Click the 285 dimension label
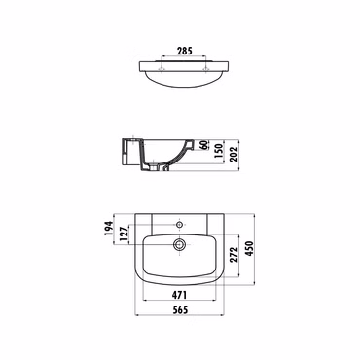tap(185, 51)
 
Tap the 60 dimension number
tap(203, 145)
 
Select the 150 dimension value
tap(219, 150)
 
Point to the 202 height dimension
tap(234, 154)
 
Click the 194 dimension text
tap(108, 229)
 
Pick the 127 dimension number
tap(124, 234)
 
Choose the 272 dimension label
tap(234, 254)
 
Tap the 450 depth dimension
tap(249, 248)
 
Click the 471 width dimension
tap(179, 295)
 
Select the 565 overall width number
tap(180, 310)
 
